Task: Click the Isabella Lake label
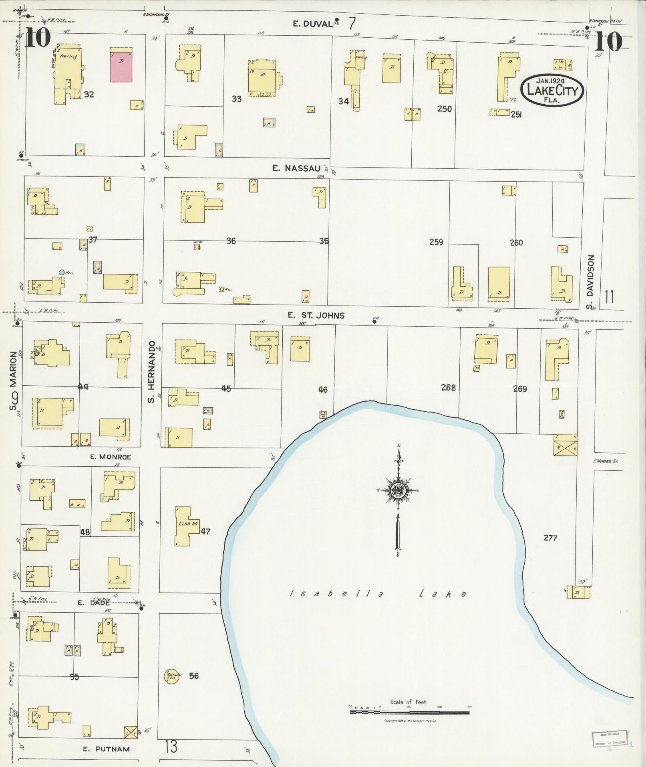tap(378, 594)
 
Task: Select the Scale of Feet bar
tap(409, 713)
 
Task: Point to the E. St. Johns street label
tap(316, 316)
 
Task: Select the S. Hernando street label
tap(151, 372)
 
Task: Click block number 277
tap(550, 538)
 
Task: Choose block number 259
tap(436, 242)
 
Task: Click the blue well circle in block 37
tap(61, 272)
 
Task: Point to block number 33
tap(237, 99)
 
